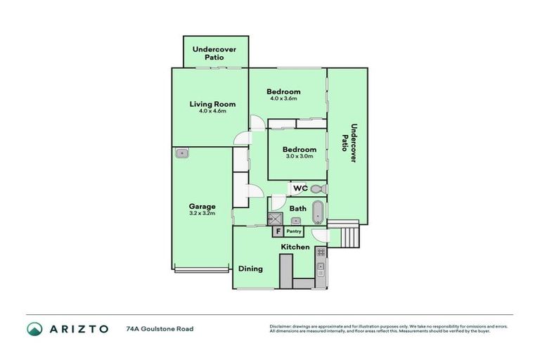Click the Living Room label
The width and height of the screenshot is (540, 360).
pyautogui.click(x=212, y=104)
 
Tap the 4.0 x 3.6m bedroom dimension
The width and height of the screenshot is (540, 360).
pyautogui.click(x=284, y=98)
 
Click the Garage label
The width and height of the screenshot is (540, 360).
pyautogui.click(x=202, y=206)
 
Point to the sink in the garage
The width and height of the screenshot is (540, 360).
pyautogui.click(x=182, y=153)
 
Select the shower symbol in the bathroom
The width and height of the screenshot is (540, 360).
pyautogui.click(x=276, y=219)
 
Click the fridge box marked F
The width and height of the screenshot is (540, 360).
pyautogui.click(x=278, y=231)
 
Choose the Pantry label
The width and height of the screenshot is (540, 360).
pyautogui.click(x=294, y=231)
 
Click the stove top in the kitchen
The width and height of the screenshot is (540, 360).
pyautogui.click(x=321, y=252)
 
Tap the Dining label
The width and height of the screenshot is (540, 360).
pyautogui.click(x=250, y=269)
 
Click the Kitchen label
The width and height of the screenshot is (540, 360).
pyautogui.click(x=295, y=247)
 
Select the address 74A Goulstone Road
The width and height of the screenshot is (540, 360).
pyautogui.click(x=160, y=328)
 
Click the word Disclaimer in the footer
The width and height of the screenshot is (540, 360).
pyautogui.click(x=281, y=326)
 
